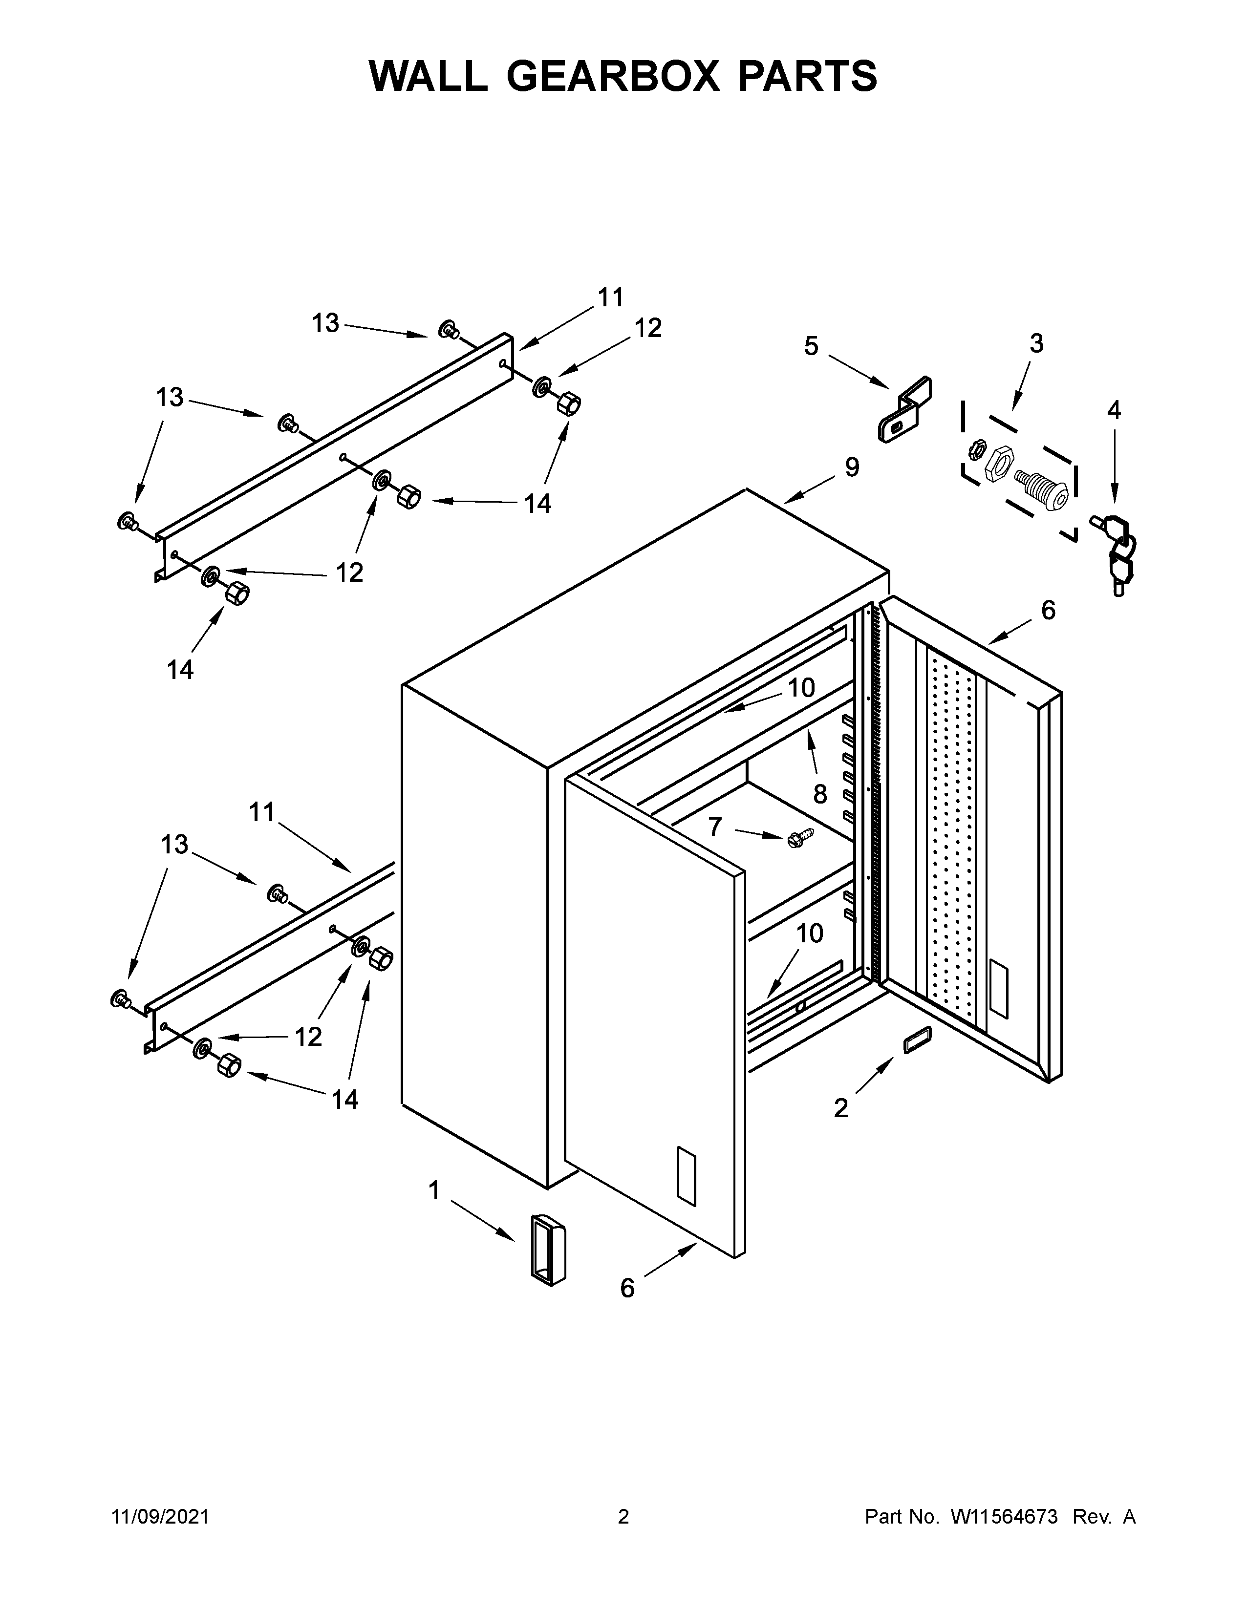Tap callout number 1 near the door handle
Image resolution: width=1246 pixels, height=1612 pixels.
[434, 1190]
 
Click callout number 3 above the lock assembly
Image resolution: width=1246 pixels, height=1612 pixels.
[1036, 343]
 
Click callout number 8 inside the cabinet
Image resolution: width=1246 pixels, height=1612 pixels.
[820, 794]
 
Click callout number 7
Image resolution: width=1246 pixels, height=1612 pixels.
[714, 827]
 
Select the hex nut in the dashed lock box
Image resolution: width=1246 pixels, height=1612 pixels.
[1000, 464]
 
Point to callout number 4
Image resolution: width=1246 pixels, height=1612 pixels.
[1114, 410]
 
